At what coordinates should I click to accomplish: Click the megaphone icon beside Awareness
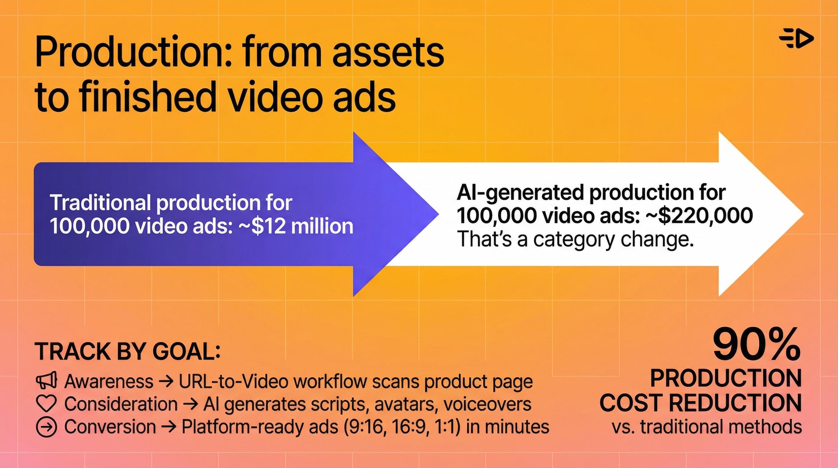tap(46, 381)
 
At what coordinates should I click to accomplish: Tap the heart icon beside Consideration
tap(46, 404)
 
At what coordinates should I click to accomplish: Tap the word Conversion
tap(110, 427)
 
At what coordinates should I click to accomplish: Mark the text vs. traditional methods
tap(706, 427)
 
